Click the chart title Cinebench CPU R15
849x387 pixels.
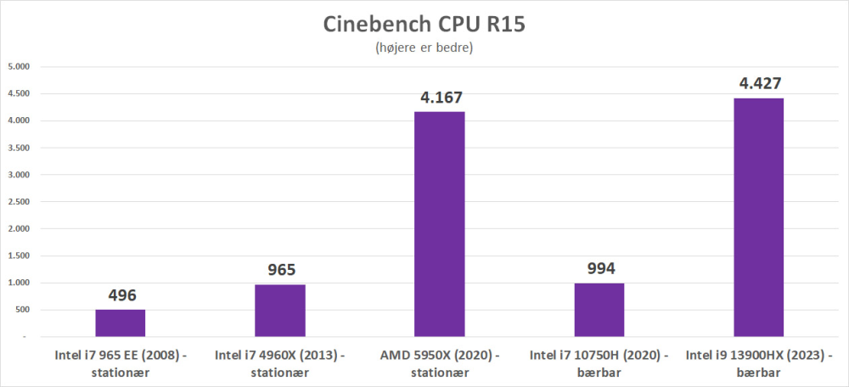pyautogui.click(x=424, y=24)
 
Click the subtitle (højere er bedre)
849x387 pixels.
pyautogui.click(x=424, y=48)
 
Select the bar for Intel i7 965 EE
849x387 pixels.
pyautogui.click(x=120, y=323)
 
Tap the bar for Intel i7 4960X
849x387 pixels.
pyautogui.click(x=280, y=311)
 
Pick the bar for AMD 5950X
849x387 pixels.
pyautogui.click(x=439, y=224)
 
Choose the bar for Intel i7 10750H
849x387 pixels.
pyautogui.click(x=599, y=310)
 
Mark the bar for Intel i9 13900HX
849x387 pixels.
pyautogui.click(x=758, y=217)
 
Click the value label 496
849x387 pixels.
pyautogui.click(x=121, y=296)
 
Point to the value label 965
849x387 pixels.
pyautogui.click(x=281, y=271)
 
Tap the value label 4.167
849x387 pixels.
pyautogui.click(x=441, y=98)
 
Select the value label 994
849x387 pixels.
pyautogui.click(x=600, y=269)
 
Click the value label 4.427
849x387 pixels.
pyautogui.click(x=759, y=83)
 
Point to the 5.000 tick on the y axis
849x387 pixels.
pyautogui.click(x=19, y=66)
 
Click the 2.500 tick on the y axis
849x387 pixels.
pyautogui.click(x=19, y=202)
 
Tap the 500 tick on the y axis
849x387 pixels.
pyautogui.click(x=22, y=310)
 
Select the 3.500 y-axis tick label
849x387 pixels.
pyautogui.click(x=19, y=148)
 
